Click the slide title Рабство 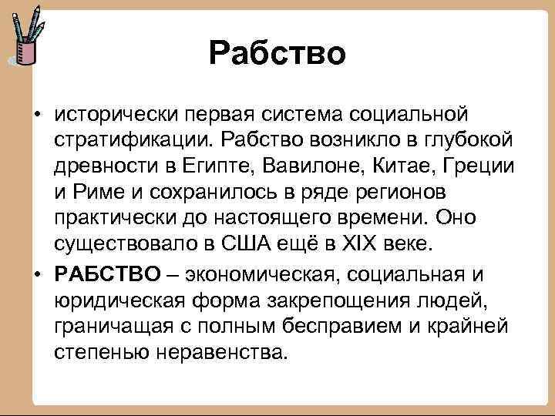click(x=277, y=53)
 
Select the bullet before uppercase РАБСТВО click(x=37, y=273)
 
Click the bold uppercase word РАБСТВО click(x=107, y=273)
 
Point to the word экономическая click(x=258, y=273)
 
